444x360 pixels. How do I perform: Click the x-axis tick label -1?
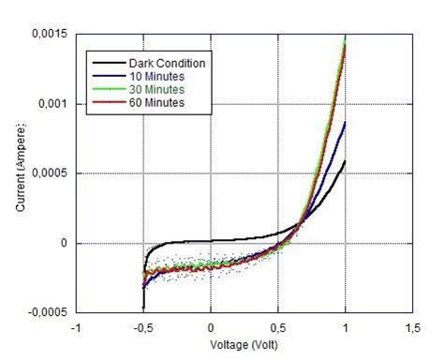point(76,327)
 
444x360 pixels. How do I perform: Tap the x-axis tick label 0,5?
point(277,327)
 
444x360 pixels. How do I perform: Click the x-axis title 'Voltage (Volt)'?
point(244,343)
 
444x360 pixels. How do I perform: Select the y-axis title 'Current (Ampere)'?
point(21,172)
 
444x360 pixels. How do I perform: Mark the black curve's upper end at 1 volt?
point(346,161)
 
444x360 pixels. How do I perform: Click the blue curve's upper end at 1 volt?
point(346,122)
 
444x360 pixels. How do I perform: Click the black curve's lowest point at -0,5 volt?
point(143,307)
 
